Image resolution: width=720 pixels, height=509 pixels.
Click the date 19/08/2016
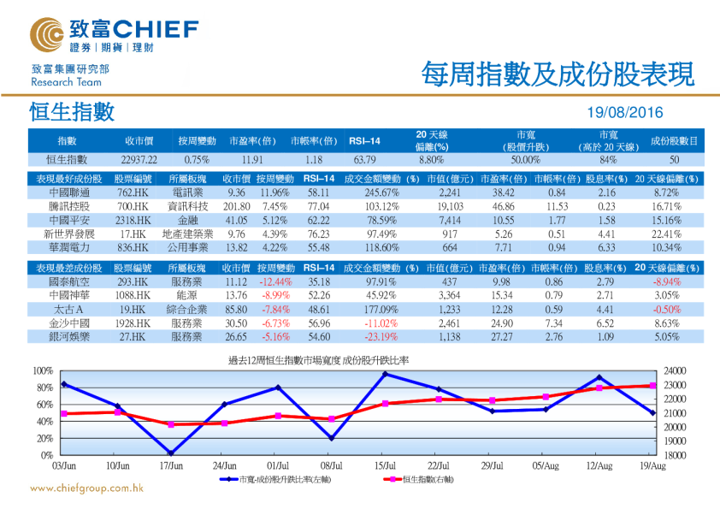625,113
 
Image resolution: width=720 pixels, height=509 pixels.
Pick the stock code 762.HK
134,192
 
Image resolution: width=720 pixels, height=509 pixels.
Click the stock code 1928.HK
134,323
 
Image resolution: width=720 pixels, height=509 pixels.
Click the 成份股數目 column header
674,140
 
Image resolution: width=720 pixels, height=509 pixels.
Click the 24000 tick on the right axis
674,370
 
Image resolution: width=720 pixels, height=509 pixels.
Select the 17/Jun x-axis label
171,465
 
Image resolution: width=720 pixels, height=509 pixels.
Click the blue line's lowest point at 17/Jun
171,453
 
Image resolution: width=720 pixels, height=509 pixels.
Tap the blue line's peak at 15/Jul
385,374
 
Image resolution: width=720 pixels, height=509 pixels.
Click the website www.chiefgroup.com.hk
86,488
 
